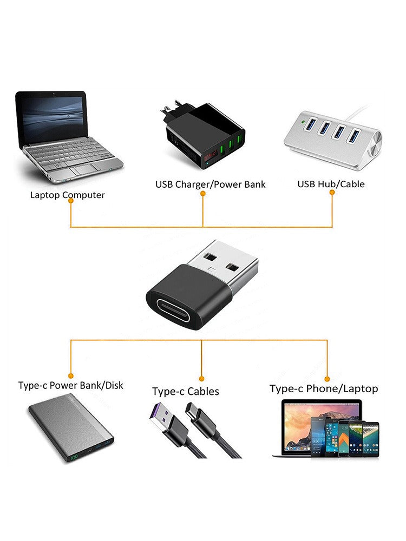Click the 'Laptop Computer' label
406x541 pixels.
(68, 195)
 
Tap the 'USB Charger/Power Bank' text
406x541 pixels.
(211, 184)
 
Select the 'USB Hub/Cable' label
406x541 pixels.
(331, 184)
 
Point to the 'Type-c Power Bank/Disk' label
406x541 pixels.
(70, 386)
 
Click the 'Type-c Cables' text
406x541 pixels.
(186, 391)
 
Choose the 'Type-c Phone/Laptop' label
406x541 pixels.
(324, 388)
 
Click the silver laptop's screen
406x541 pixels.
(53, 116)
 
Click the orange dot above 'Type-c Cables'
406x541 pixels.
(201, 379)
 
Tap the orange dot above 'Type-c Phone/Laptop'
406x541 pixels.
(327, 378)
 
